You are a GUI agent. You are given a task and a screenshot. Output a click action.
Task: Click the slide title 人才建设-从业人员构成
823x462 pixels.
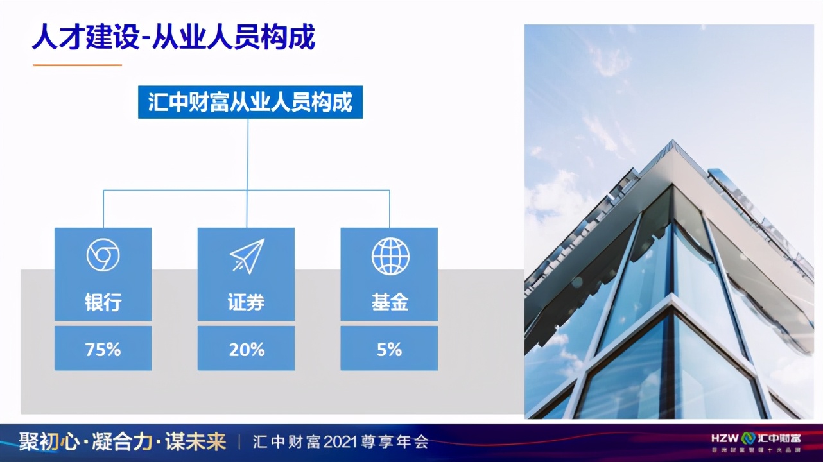[173, 37]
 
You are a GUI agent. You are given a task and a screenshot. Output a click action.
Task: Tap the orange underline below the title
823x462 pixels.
[77, 65]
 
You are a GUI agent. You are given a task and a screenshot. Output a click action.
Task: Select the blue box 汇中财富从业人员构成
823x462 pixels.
[250, 103]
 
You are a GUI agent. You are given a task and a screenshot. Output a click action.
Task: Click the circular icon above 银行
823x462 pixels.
[103, 255]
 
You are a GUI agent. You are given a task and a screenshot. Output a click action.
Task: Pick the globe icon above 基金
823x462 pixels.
[390, 255]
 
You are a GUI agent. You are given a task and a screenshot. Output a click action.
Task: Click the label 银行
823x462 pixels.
[103, 303]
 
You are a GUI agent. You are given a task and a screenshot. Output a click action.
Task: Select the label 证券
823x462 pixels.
[247, 303]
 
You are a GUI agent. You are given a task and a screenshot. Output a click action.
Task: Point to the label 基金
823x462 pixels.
[390, 303]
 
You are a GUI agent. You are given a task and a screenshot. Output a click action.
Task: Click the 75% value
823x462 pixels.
[103, 350]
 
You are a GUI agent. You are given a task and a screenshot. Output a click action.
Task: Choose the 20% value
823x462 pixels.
[247, 350]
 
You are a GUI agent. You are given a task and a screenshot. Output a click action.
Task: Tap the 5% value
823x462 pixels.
[390, 350]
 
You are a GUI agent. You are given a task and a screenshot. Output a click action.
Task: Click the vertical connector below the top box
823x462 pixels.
[248, 154]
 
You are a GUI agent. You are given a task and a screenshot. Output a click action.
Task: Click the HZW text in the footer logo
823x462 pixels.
[725, 439]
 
